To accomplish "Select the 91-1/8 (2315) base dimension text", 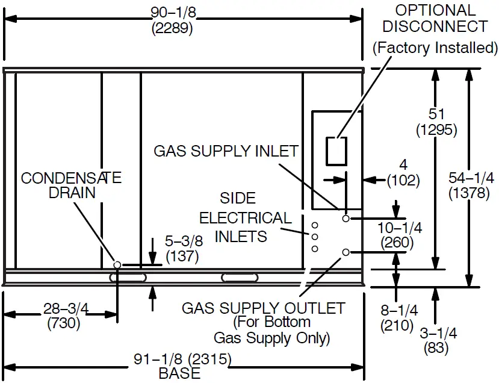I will [182, 360].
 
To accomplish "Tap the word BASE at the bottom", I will [179, 373].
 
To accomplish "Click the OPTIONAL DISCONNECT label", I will [435, 19].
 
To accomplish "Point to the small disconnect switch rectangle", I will [336, 151].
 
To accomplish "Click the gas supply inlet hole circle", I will [346, 219].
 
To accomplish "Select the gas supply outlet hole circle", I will [346, 252].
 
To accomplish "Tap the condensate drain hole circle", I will [117, 264].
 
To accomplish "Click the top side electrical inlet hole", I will [314, 225].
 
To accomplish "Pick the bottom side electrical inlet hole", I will [314, 248].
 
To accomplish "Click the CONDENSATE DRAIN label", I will [71, 185].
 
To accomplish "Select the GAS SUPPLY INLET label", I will [226, 151].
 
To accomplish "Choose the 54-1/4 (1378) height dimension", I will [472, 185].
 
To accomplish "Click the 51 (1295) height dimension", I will [436, 121].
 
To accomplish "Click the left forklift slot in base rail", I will [128, 278].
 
